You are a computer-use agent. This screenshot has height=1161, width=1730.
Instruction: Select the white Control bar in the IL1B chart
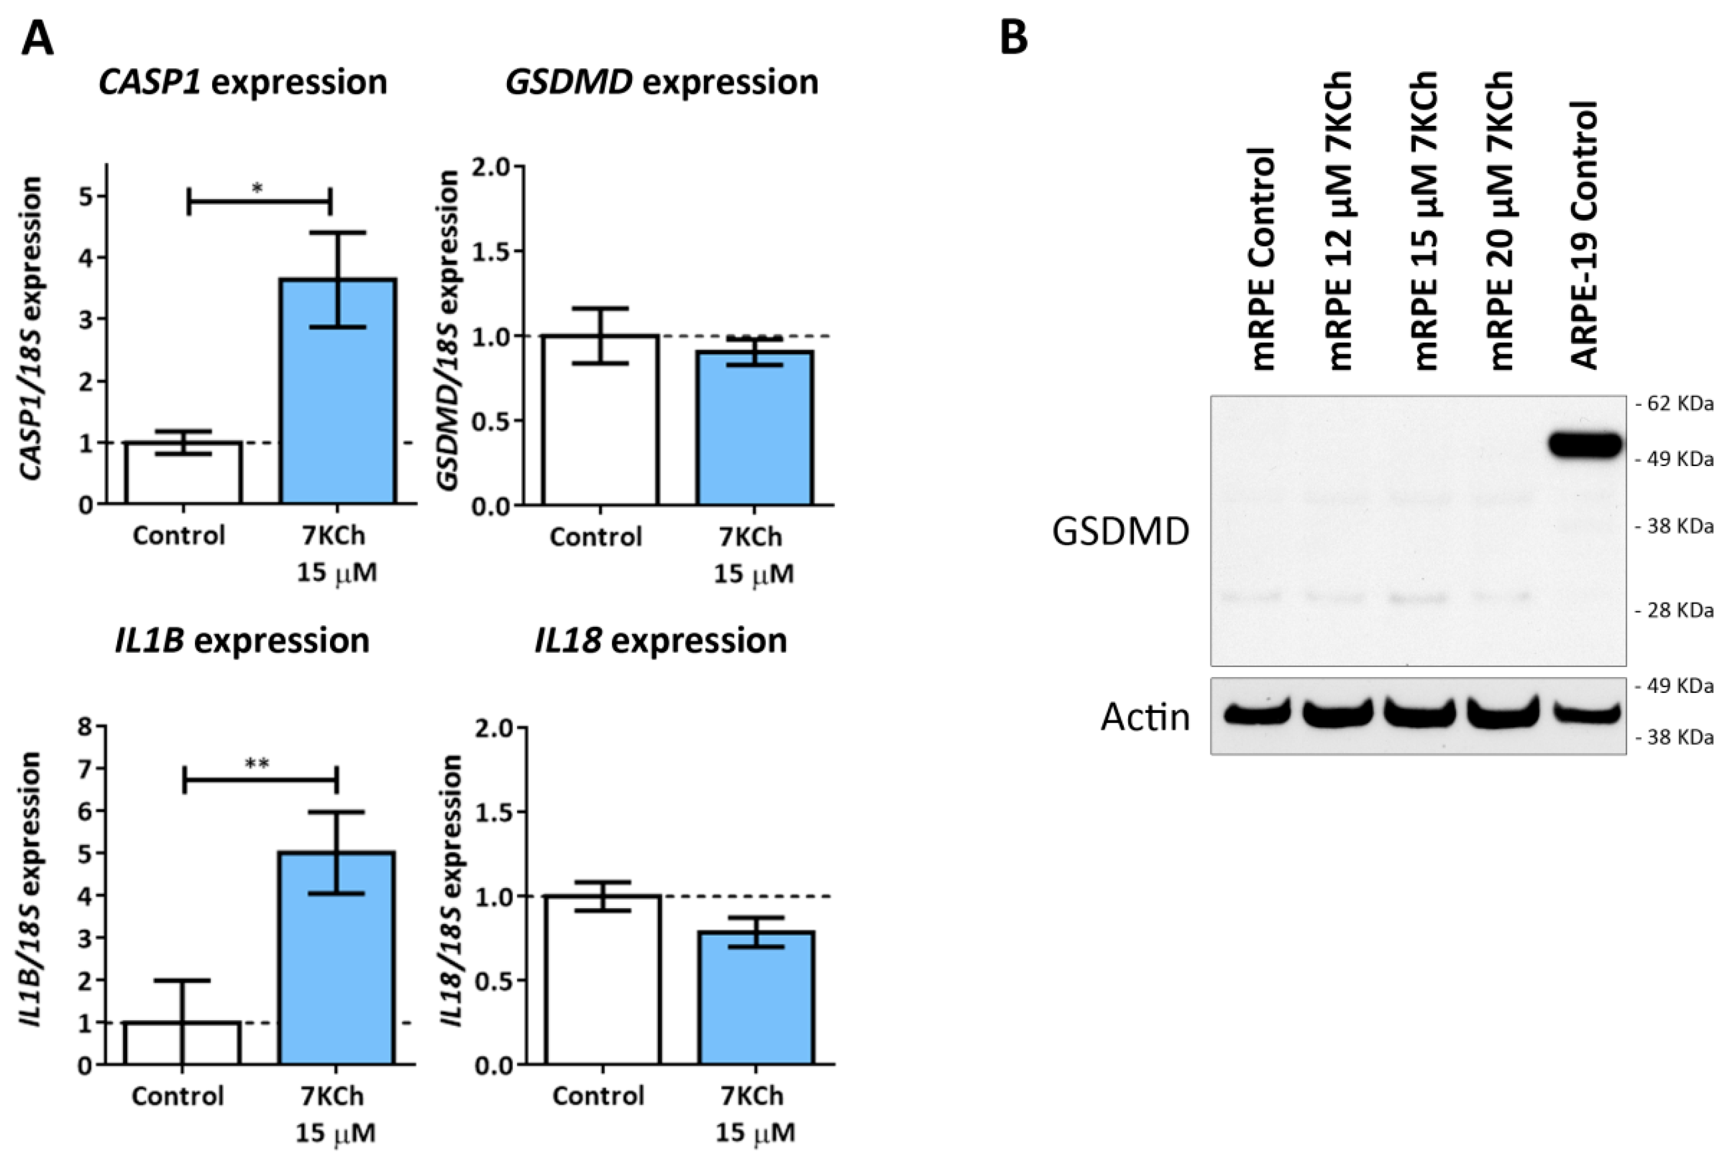coord(182,1043)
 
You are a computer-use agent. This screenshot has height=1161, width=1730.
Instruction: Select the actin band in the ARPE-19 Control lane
coord(1585,714)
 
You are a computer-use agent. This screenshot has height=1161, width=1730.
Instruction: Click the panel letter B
coord(1013,37)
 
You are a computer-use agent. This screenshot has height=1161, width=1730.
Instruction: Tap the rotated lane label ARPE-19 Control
coord(1585,235)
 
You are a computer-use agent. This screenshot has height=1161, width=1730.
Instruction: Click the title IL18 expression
coord(661,641)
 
